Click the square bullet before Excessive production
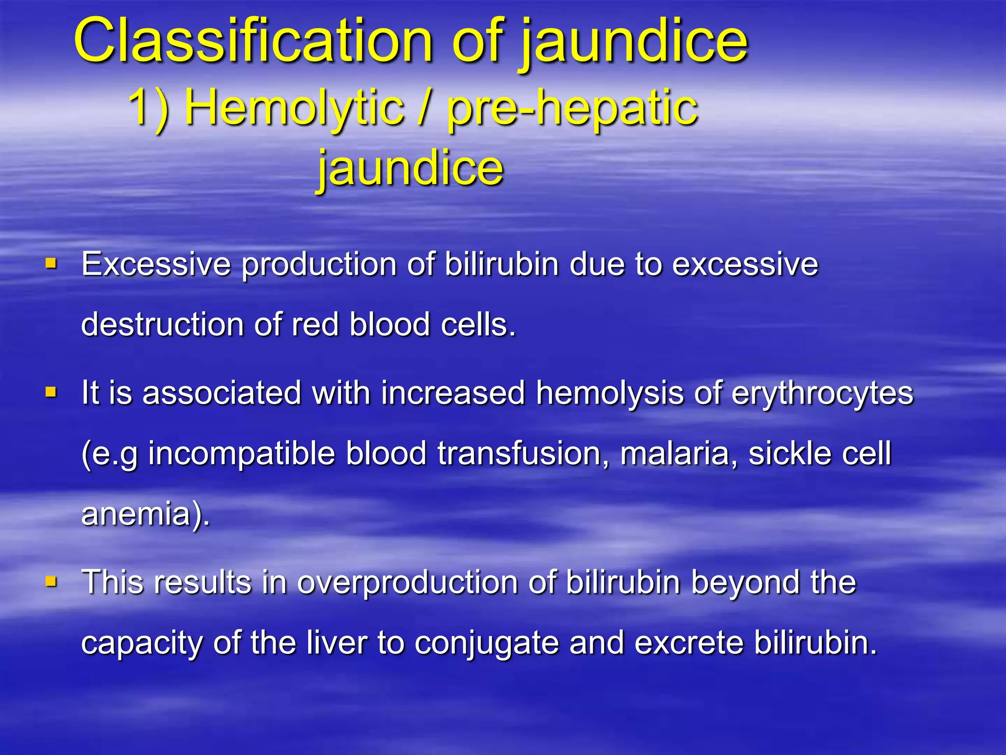tap(51, 264)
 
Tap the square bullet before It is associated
tap(51, 392)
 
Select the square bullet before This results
tap(51, 582)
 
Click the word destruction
tap(162, 325)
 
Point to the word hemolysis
tap(610, 393)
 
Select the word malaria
tap(678, 453)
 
